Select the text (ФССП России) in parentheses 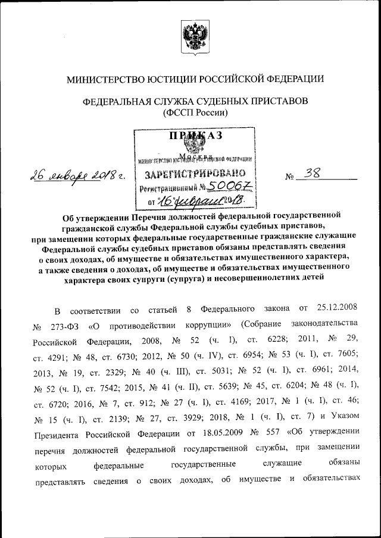coord(195,112)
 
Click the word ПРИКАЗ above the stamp coord(195,136)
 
